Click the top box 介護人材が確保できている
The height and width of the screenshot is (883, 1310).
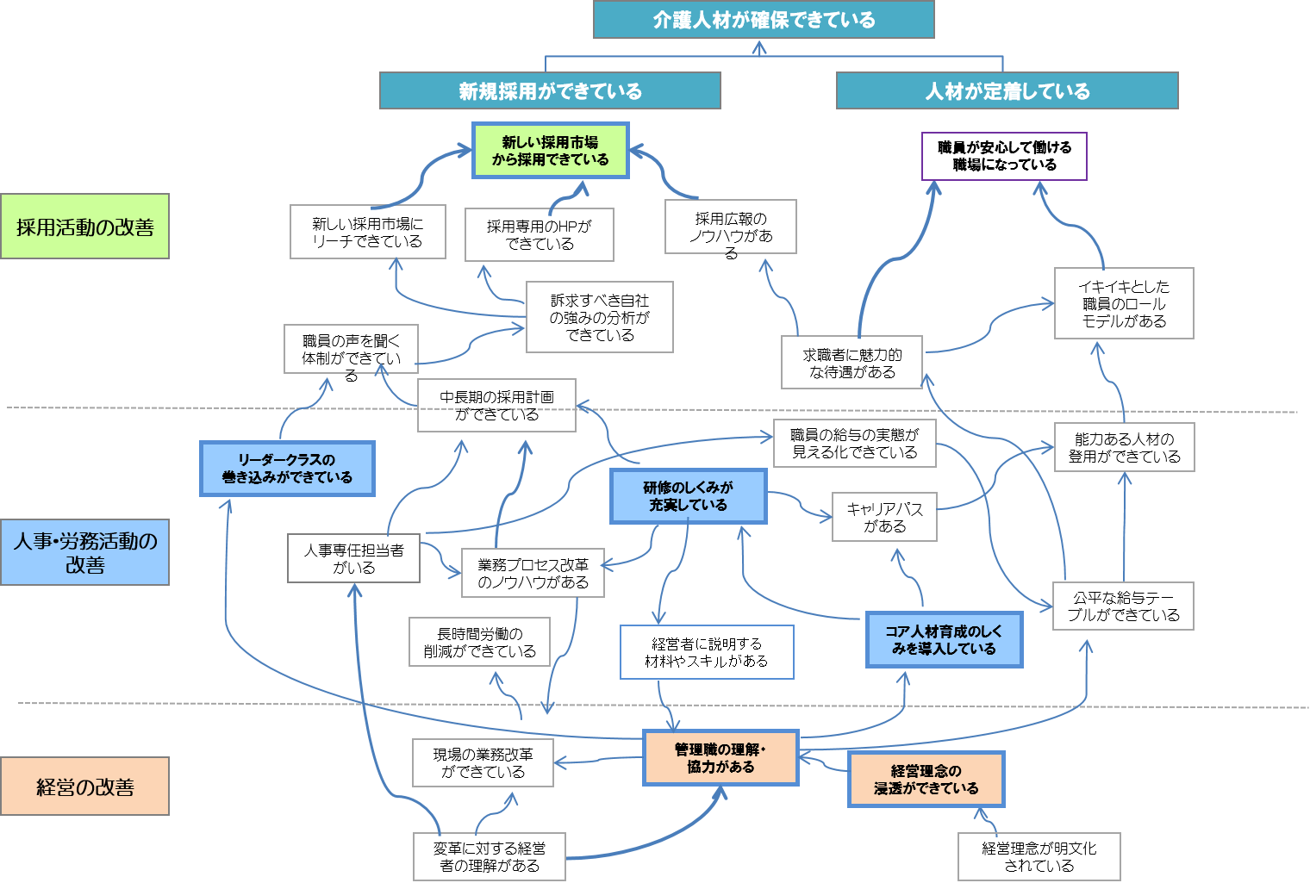pos(764,19)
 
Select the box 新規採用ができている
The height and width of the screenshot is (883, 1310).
pos(550,90)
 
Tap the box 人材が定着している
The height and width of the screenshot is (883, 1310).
pos(1007,90)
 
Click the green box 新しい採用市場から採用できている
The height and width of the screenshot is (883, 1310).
pos(551,151)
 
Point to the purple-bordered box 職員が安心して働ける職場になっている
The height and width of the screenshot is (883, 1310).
pos(1004,156)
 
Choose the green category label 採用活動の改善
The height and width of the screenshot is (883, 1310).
pos(84,227)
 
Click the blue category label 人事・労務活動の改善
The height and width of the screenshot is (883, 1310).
pos(84,552)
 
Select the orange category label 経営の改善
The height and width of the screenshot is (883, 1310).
pos(84,786)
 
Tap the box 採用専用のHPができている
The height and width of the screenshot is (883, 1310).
pos(540,235)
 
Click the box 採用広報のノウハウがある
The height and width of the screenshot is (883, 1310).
pos(731,227)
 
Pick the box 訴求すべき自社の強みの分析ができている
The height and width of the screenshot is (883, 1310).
pos(600,317)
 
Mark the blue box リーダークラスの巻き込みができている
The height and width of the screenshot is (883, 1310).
pos(287,469)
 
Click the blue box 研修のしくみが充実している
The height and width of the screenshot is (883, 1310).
pos(689,496)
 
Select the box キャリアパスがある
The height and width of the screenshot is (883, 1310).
pos(884,517)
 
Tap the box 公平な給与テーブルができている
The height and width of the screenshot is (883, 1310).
pos(1123,606)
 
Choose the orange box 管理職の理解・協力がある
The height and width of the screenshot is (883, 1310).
pos(720,758)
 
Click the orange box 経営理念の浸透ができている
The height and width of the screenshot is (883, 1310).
pos(926,780)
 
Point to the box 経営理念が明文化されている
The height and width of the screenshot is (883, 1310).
pos(1039,856)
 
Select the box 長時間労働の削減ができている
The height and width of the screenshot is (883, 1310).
pos(479,643)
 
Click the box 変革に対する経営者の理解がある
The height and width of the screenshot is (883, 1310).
pos(490,856)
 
